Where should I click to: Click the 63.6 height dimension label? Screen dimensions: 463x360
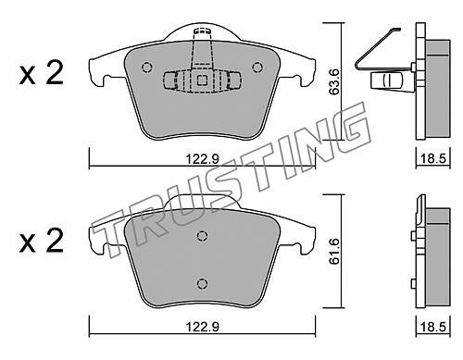334,81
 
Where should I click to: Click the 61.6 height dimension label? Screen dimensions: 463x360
334,252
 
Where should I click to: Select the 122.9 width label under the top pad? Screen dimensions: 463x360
202,159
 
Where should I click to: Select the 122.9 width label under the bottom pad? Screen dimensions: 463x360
202,327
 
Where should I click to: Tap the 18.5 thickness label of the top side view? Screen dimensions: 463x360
433,159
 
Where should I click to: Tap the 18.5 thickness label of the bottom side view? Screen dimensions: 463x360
433,327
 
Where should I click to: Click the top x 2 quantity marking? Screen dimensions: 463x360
42,73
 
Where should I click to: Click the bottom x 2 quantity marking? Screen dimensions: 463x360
42,242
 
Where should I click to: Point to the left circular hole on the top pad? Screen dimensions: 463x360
146,68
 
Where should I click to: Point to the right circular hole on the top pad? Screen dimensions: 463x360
257,68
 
